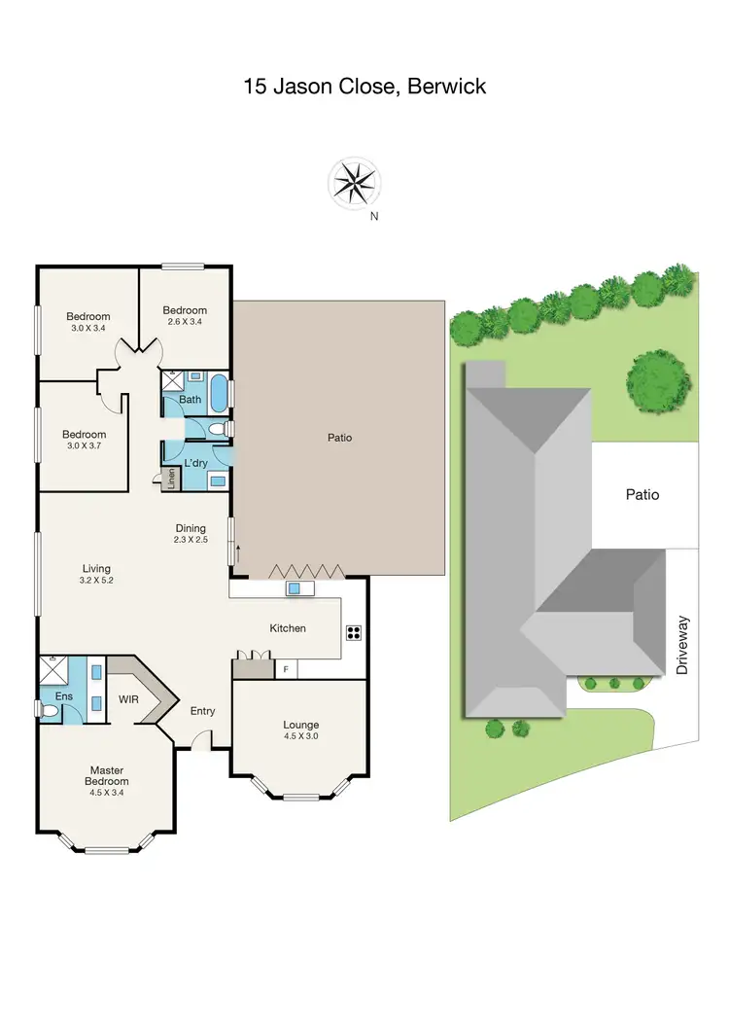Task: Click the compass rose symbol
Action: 355,183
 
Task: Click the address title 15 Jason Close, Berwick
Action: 364,87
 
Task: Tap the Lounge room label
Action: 300,725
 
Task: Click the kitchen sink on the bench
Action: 292,588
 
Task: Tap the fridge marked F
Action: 286,669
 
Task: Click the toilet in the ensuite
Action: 49,711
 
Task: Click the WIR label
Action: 129,699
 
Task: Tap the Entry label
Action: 202,711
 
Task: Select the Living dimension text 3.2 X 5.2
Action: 96,580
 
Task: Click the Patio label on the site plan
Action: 642,494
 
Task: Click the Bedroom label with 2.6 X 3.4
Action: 185,321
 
